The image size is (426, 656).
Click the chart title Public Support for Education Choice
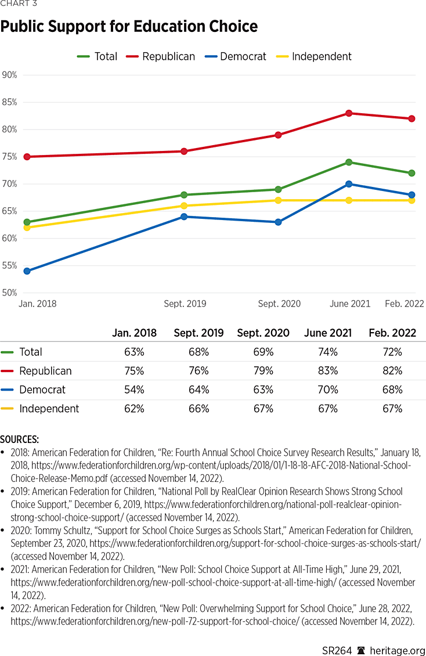coord(129,27)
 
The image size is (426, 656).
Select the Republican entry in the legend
coord(168,56)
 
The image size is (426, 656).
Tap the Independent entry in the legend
coord(322,56)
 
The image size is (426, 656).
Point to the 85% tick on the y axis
coord(10,102)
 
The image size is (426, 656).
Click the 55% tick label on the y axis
coord(10,266)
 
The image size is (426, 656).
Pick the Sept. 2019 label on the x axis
coord(185,304)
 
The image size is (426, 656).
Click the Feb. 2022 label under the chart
coord(405,304)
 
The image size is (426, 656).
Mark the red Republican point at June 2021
coord(349,113)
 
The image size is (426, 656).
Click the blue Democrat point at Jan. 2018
coord(27,271)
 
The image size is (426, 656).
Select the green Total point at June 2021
coord(349,162)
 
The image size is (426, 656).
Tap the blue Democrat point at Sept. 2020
coord(278,222)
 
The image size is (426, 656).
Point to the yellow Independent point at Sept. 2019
coord(184,206)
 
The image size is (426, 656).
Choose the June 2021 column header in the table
coord(328,333)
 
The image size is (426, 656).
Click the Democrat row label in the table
coord(42,390)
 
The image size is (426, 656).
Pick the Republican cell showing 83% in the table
coord(328,371)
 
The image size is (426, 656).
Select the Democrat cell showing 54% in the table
coord(134,390)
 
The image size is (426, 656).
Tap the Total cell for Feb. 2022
coord(392,352)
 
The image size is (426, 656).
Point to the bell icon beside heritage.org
coord(361,651)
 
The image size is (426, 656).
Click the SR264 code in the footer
coord(337,651)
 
